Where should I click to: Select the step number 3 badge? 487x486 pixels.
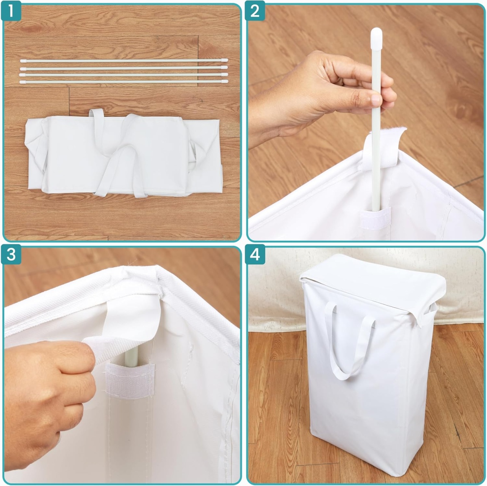pos(11,255)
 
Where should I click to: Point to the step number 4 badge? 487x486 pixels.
pos(255,255)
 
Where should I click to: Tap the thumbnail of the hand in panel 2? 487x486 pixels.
pos(376,100)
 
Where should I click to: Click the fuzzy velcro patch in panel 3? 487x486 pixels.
pos(130,381)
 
